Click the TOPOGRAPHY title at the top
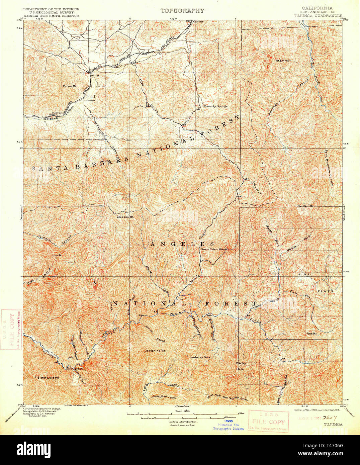(x=182, y=11)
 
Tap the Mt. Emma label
(x=282, y=61)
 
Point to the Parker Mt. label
(x=70, y=86)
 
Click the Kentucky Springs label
(x=214, y=106)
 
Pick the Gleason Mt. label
(x=125, y=217)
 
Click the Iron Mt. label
(x=58, y=255)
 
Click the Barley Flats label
(x=241, y=366)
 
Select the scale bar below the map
(x=182, y=415)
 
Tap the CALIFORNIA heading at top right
(x=317, y=8)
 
